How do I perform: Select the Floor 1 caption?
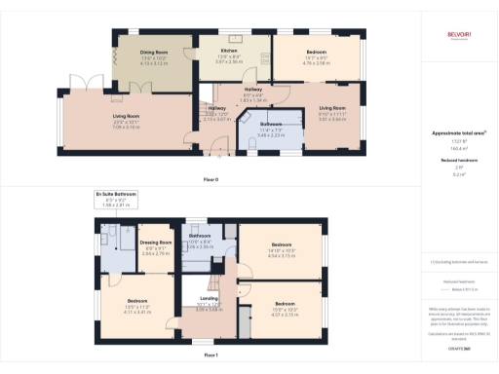(211, 355)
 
